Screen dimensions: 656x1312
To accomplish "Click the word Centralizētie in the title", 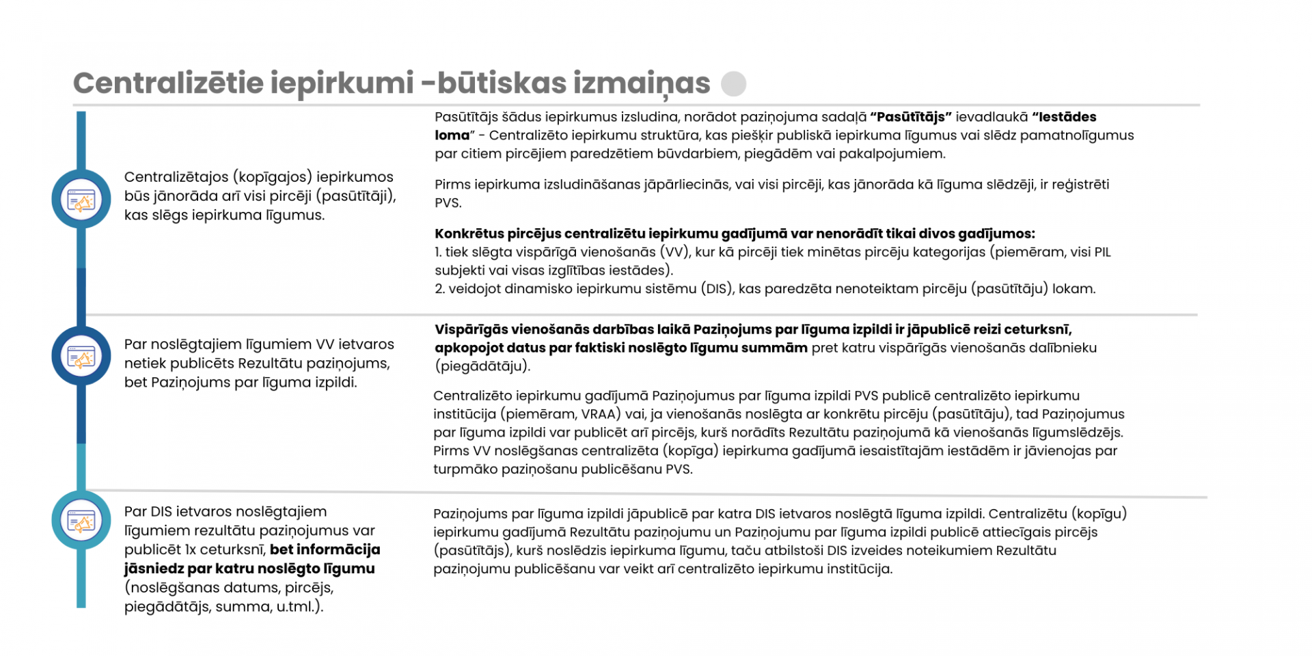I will point(167,83).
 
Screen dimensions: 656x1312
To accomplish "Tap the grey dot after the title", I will point(734,84).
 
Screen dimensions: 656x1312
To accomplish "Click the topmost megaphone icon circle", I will point(81,200).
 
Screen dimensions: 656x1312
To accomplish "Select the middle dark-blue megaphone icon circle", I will point(81,356).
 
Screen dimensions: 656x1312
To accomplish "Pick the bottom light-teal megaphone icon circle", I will point(81,520).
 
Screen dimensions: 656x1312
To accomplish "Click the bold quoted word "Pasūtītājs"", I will point(910,117).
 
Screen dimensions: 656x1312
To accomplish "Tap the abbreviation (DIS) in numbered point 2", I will point(717,289).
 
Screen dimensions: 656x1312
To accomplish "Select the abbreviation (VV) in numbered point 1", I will point(673,252).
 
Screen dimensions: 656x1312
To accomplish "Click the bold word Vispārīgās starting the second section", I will point(471,329).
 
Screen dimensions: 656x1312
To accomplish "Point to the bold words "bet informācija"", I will point(325,549).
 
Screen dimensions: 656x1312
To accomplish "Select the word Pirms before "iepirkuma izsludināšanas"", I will point(452,184).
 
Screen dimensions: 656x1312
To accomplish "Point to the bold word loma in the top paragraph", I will point(452,135).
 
